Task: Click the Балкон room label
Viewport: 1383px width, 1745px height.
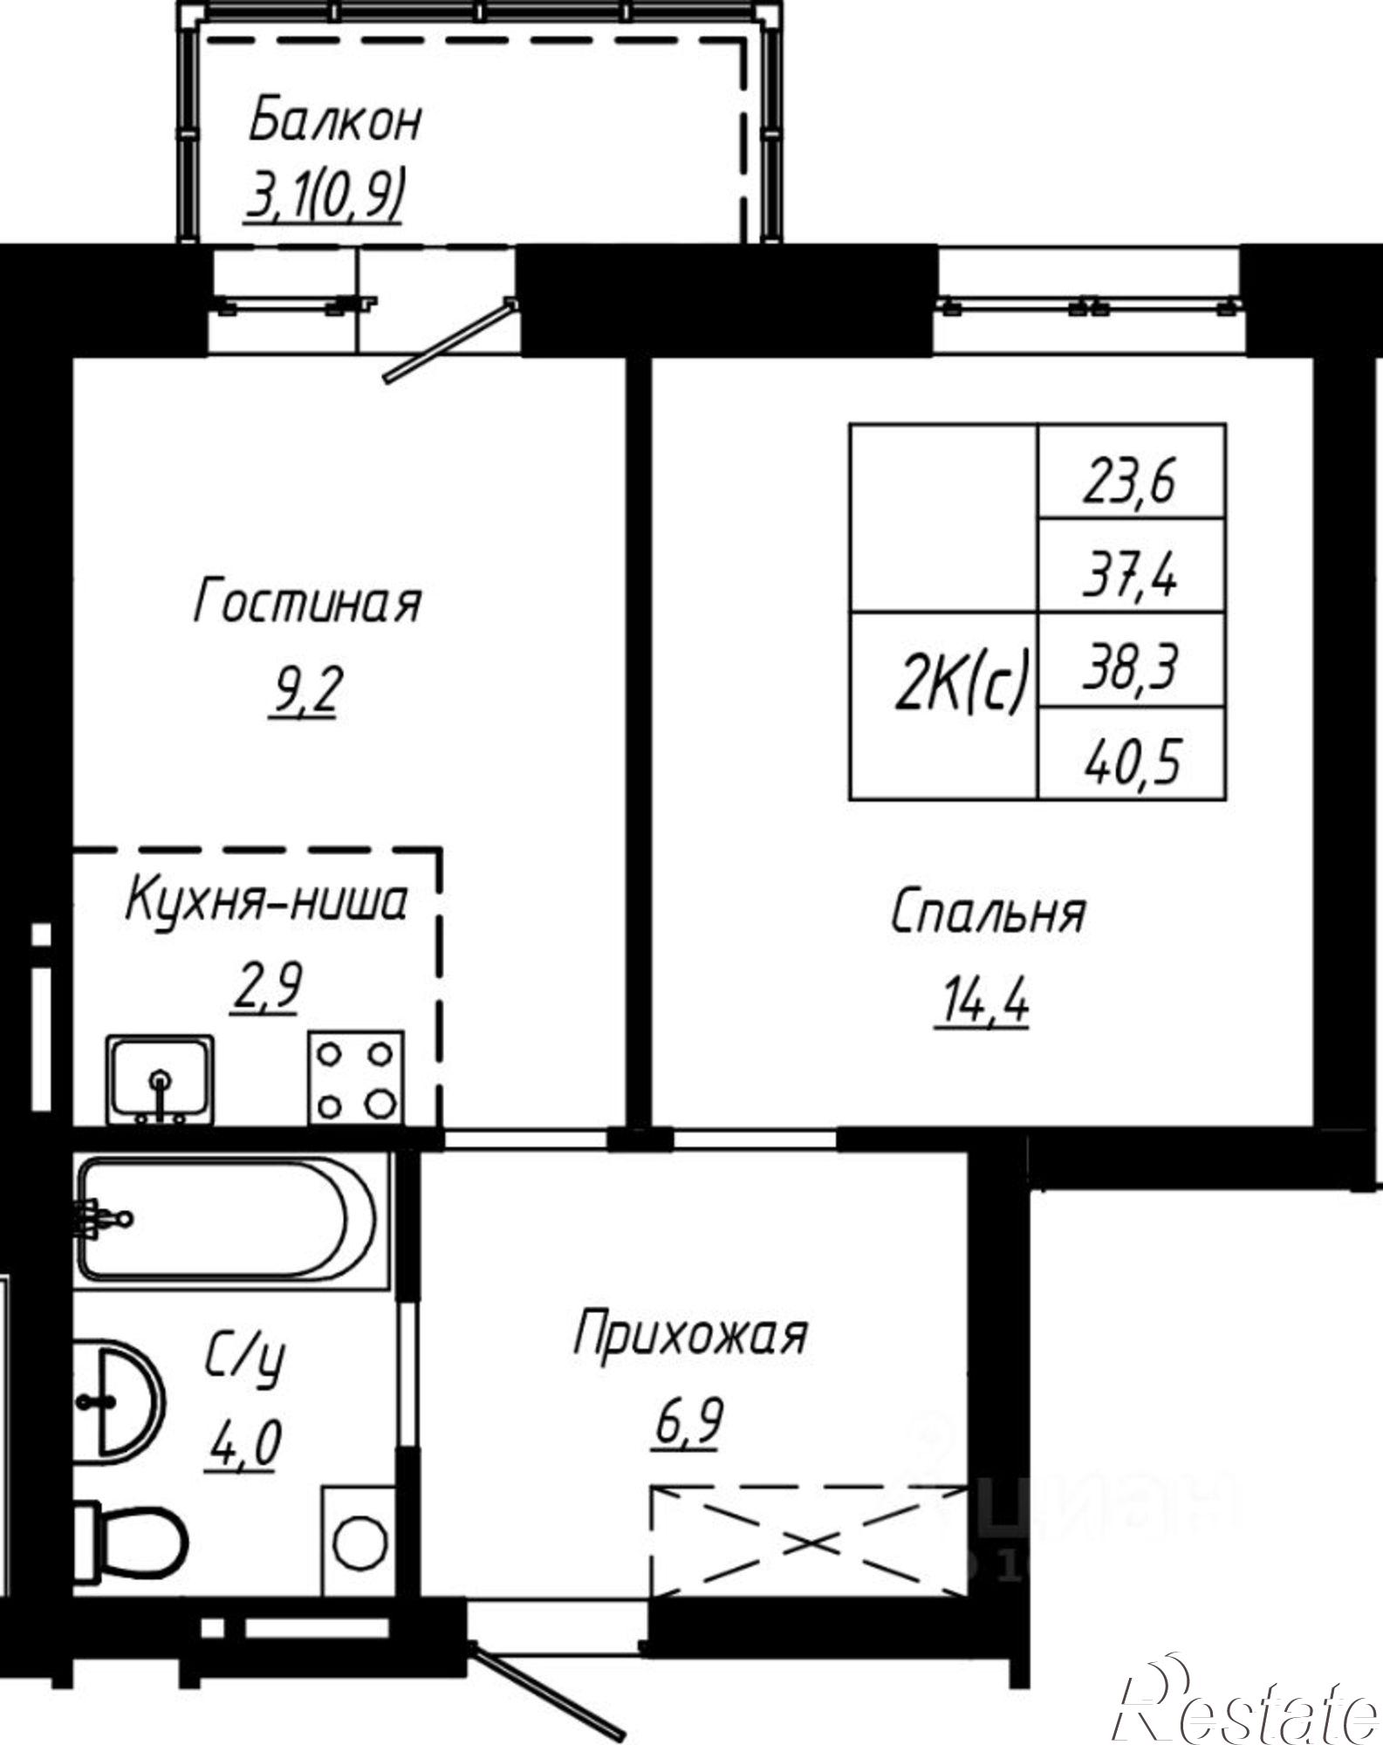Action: [x=334, y=122]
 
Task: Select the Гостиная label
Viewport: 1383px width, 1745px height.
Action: [x=307, y=603]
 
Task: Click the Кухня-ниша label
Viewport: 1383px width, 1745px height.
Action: [x=266, y=902]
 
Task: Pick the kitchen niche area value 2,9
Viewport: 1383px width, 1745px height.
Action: [x=265, y=988]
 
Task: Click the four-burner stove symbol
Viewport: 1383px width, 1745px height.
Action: [x=355, y=1078]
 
